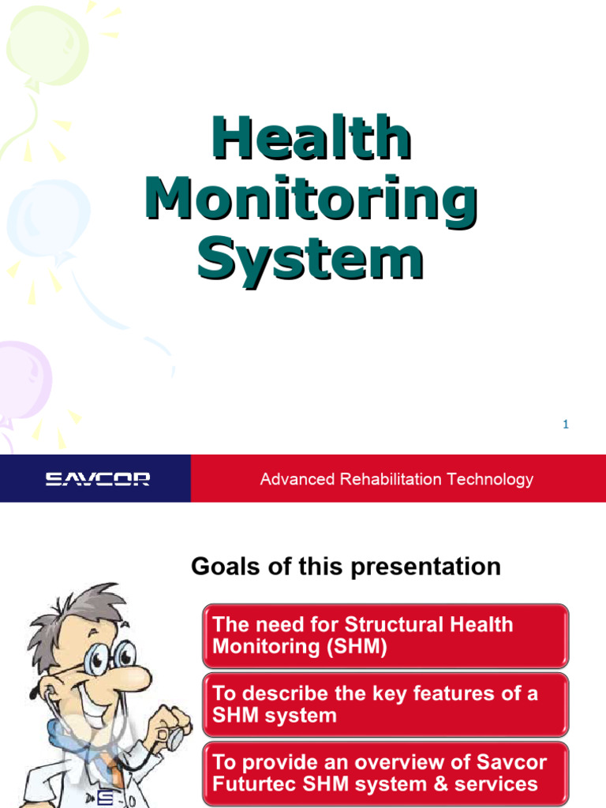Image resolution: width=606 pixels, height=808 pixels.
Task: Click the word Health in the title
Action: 311,139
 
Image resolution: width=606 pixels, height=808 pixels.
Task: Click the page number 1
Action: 565,425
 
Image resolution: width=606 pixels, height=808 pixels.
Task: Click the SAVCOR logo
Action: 97,479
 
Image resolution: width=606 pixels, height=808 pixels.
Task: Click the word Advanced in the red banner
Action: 292,479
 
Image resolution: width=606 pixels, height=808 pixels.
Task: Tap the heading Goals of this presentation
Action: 346,567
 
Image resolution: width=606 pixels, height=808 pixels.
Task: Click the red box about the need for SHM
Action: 385,635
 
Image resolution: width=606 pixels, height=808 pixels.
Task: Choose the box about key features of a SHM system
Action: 385,705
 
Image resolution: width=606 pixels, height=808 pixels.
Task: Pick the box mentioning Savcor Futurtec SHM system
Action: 385,773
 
